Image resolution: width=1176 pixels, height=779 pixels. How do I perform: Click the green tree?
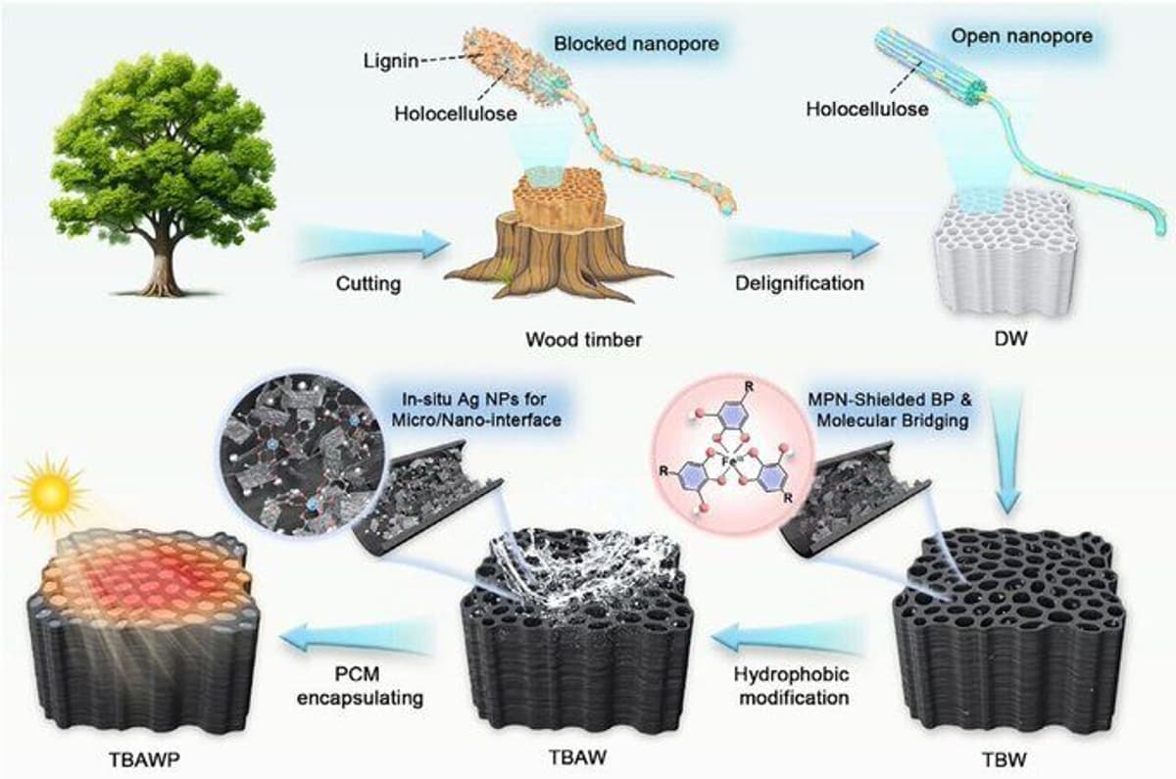pos(163,173)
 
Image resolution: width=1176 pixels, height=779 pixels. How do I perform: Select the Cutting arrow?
pos(374,243)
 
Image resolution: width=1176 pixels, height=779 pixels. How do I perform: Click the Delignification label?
pos(799,283)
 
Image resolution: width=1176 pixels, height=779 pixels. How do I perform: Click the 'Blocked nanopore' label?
pos(636,43)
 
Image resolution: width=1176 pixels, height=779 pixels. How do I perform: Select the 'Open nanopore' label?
pos(1021,36)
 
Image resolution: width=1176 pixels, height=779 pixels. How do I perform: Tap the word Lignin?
pos(391,62)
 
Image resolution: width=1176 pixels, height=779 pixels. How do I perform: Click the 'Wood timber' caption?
pos(583,340)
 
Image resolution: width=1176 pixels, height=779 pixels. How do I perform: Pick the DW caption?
pos(1010,339)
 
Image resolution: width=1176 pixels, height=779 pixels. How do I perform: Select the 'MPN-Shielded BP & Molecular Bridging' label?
pos(890,410)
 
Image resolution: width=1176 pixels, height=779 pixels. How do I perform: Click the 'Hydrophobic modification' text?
pos(793,686)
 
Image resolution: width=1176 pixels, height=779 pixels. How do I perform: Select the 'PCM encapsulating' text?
pos(361,686)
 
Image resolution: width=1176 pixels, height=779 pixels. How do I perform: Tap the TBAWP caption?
pos(144,759)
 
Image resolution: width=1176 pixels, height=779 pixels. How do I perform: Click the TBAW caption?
pos(577,756)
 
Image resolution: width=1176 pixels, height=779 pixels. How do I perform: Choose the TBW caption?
pos(1004,759)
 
